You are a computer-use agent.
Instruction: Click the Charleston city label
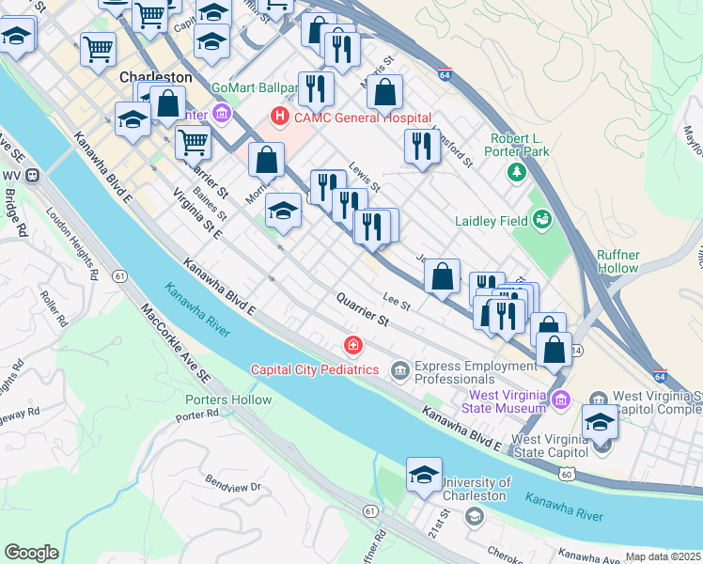click(156, 77)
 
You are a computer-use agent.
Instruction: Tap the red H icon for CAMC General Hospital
click(279, 117)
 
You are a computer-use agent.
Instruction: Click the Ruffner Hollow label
click(631, 260)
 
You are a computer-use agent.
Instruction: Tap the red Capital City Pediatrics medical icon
click(352, 346)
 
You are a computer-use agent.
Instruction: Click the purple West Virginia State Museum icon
click(561, 399)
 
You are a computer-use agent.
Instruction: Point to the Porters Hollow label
click(228, 399)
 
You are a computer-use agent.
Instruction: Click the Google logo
click(31, 552)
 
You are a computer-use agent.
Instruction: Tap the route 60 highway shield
click(565, 475)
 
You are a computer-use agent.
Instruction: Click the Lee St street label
click(397, 303)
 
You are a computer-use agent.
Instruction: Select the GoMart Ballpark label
click(255, 88)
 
